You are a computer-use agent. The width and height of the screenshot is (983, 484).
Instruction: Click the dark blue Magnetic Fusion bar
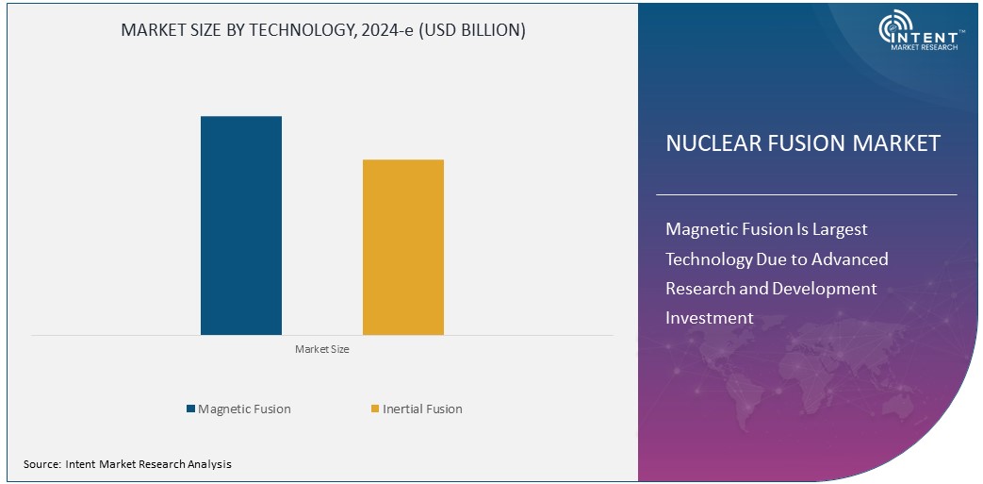[241, 225]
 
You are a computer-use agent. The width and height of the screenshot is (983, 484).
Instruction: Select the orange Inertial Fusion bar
[403, 247]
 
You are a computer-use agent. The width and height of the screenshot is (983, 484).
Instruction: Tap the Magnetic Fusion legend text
[244, 409]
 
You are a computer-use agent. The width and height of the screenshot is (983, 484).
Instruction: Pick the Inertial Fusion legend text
[423, 409]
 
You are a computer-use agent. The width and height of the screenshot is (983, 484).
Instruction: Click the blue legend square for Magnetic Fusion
[190, 409]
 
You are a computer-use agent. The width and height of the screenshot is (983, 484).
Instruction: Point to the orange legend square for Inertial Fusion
[375, 409]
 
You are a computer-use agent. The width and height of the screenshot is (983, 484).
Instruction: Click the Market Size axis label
[322, 349]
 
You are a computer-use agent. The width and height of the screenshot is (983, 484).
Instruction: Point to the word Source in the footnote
[41, 464]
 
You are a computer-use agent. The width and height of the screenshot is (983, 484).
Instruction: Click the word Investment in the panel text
[710, 318]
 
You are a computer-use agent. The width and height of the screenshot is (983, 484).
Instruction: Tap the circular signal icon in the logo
[893, 31]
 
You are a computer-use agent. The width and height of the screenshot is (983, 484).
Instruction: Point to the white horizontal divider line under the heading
[806, 194]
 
